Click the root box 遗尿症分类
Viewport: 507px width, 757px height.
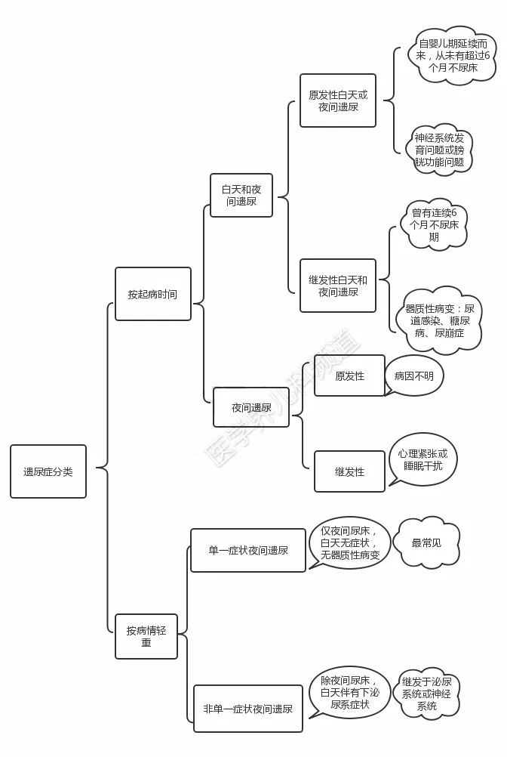(x=48, y=471)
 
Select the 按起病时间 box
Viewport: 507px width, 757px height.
(x=152, y=294)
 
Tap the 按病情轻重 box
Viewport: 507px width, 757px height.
(x=146, y=636)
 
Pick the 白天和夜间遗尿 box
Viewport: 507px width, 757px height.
(x=241, y=195)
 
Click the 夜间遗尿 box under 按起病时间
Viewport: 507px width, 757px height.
(x=251, y=407)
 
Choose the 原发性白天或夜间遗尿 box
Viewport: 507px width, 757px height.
(x=337, y=100)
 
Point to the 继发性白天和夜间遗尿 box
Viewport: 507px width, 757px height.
(x=337, y=286)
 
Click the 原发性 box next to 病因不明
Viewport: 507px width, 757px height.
(x=349, y=375)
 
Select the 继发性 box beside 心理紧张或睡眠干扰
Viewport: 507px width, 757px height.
(x=349, y=471)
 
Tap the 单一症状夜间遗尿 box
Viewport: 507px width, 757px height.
(x=248, y=550)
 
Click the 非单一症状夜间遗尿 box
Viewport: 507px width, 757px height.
(x=247, y=709)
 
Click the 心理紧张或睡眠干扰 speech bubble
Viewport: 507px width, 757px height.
(x=423, y=460)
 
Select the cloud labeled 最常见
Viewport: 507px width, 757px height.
(x=426, y=542)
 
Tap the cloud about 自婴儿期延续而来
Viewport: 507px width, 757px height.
(x=453, y=55)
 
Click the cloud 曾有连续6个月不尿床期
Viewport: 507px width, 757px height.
(x=434, y=225)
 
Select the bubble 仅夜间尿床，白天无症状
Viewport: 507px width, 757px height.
(x=349, y=543)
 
